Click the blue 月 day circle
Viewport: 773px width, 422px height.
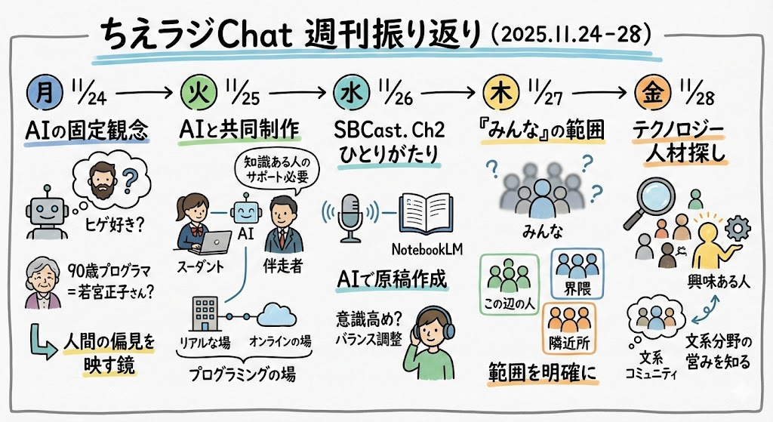tap(45, 93)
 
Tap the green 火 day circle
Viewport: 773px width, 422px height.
tap(199, 93)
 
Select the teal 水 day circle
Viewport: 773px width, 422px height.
tap(352, 93)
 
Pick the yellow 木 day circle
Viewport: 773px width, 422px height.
tap(502, 93)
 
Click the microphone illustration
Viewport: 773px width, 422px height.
tap(350, 217)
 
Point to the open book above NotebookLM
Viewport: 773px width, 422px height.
tap(427, 213)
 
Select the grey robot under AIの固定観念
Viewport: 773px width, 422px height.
tap(48, 213)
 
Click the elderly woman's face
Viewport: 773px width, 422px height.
tap(42, 279)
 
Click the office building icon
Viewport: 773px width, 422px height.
tap(204, 313)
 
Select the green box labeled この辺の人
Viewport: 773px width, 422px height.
tap(510, 284)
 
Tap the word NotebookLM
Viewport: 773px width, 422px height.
tap(427, 249)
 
